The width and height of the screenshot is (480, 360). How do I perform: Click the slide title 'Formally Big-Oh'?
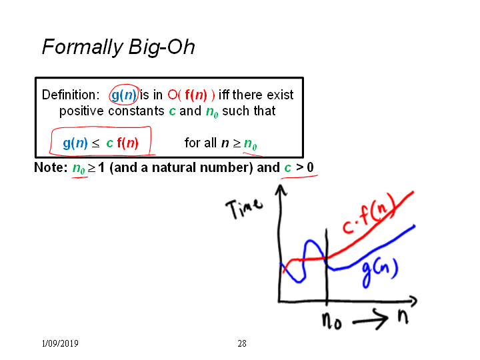point(118,47)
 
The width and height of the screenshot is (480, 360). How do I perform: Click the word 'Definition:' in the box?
point(71,95)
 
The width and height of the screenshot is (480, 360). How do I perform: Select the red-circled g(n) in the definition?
point(124,95)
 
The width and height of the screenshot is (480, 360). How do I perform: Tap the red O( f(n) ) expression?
point(191,95)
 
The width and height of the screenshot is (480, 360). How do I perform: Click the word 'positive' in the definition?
point(81,111)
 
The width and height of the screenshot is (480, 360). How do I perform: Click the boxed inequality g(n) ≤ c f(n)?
point(101,143)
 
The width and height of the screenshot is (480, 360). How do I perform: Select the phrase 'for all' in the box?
point(201,143)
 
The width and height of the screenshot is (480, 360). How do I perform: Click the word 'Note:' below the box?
point(51,167)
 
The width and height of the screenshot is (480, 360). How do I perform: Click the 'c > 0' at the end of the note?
point(299,167)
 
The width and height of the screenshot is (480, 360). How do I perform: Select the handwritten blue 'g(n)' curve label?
point(380,272)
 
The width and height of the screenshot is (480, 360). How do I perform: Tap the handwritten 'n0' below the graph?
point(331,321)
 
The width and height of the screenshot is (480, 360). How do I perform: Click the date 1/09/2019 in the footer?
point(60,343)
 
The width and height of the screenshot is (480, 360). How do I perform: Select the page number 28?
point(242,343)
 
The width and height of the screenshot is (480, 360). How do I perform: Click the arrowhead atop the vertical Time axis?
point(281,189)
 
